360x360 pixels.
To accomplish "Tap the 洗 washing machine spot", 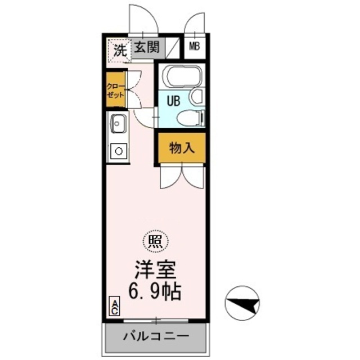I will click(x=119, y=49).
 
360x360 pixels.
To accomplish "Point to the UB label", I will click(x=173, y=101).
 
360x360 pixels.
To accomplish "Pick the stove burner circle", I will click(x=119, y=151).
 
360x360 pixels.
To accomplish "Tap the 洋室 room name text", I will click(x=155, y=269).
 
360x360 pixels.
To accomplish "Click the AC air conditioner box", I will click(x=114, y=306).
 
